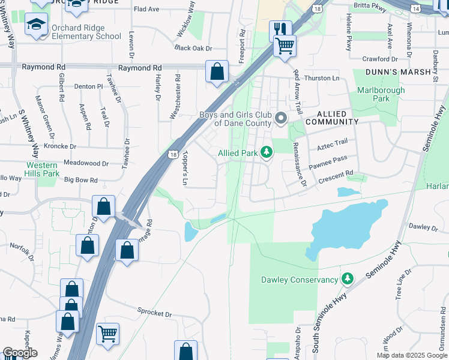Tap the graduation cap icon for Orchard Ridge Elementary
coord(36,25)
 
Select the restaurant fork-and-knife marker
coord(280,29)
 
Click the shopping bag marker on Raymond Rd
coord(217,71)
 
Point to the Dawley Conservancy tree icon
coord(346,280)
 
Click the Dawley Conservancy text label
coord(300,280)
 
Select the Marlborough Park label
coord(381,94)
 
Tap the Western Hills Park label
coord(42,169)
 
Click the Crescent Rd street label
coord(336,175)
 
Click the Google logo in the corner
coord(20,353)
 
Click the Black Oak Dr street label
coord(193,48)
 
